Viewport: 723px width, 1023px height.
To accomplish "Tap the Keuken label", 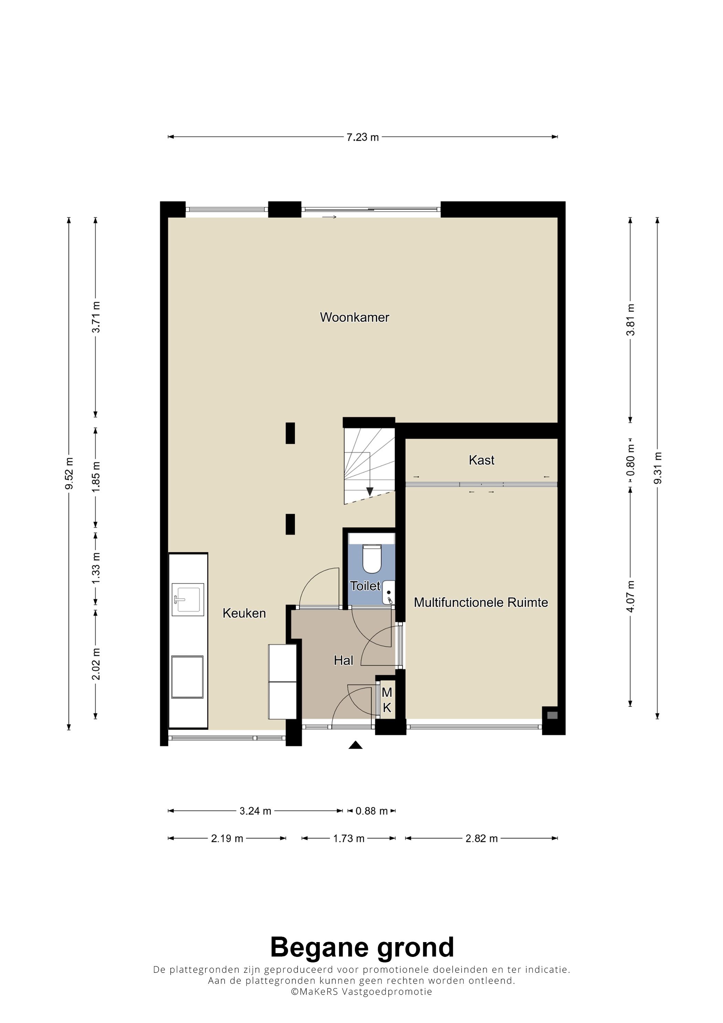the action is point(244,613).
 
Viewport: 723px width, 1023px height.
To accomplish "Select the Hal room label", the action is point(344,660).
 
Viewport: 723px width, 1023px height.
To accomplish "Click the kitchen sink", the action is point(188,600).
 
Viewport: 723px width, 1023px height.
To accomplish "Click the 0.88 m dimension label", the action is point(371,811).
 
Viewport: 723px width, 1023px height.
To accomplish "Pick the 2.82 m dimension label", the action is point(482,838).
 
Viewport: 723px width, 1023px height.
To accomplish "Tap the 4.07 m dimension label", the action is point(630,597).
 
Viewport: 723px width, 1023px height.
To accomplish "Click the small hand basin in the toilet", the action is point(388,593).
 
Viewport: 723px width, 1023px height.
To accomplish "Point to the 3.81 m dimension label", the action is point(630,320).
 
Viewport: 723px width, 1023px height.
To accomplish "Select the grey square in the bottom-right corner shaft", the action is point(552,716).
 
